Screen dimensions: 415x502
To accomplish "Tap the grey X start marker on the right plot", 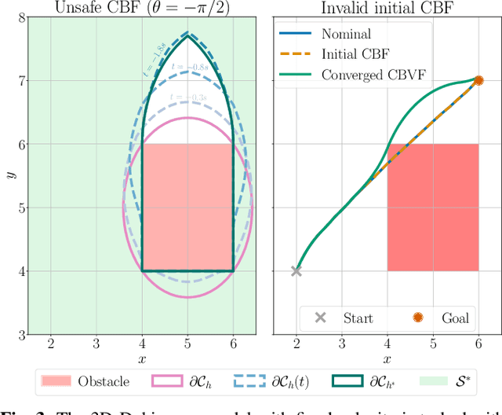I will pos(296,271).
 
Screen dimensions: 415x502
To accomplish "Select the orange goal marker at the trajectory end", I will pos(478,80).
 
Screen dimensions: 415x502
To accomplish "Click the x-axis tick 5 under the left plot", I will pos(187,345).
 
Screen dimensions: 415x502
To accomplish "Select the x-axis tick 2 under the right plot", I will pos(296,345).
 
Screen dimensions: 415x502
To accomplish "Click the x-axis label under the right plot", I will pos(387,359).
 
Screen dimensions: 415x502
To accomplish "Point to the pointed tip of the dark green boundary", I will pos(187,32).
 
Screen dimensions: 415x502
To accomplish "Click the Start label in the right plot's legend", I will pos(358,318).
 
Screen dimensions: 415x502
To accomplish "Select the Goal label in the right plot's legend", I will pos(454,318).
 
